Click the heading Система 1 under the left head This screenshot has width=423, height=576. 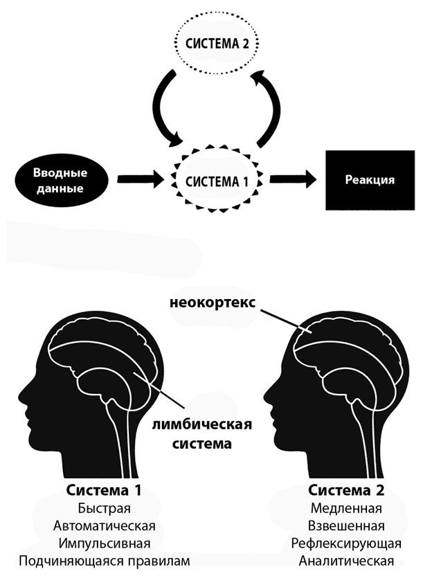click(104, 490)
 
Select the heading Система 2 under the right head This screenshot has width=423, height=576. click(345, 490)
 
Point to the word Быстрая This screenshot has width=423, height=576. click(105, 509)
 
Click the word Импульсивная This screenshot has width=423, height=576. click(105, 543)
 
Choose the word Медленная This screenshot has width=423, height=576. click(346, 509)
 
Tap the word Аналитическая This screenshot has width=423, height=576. click(346, 561)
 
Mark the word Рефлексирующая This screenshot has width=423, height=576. click(346, 543)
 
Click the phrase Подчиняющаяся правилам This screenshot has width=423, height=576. click(105, 561)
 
